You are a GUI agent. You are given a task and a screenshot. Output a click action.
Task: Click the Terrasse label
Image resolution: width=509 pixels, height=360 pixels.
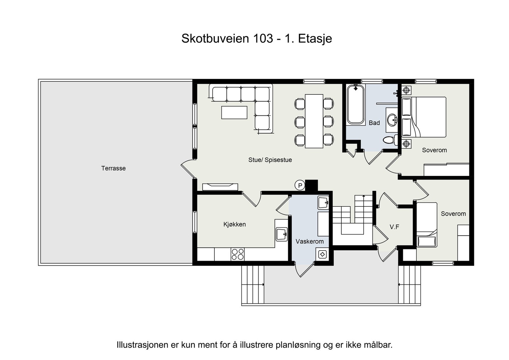113,168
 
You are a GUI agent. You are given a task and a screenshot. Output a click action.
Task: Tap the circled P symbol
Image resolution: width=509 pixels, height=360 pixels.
300,185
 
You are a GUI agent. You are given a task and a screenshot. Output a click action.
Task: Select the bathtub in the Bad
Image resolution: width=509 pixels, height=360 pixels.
355,104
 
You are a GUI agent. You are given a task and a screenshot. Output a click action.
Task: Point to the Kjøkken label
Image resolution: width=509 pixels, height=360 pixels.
234,224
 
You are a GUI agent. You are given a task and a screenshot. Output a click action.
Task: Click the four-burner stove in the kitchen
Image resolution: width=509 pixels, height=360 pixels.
238,254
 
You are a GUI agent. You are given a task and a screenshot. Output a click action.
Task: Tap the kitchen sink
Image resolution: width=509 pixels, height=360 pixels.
282,234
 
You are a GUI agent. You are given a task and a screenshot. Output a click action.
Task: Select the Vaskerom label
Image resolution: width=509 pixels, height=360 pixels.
310,241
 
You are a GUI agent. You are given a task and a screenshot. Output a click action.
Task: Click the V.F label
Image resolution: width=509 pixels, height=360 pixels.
394,227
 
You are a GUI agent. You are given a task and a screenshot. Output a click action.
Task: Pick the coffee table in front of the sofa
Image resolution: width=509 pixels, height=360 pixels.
234,112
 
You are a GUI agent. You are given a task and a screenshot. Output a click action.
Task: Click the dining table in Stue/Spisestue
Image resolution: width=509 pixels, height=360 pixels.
314,121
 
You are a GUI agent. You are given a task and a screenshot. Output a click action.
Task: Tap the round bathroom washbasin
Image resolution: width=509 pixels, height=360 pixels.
392,120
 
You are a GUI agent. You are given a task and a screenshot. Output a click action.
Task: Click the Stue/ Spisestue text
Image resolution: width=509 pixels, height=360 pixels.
270,160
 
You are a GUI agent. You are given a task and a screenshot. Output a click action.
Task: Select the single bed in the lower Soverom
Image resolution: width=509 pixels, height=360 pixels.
427,225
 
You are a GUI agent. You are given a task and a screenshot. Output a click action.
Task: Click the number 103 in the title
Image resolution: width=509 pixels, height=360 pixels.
263,38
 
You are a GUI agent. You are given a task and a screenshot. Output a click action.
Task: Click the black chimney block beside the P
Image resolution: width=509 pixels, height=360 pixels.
311,185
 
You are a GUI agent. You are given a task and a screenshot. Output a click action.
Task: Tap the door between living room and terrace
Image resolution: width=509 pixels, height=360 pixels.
188,169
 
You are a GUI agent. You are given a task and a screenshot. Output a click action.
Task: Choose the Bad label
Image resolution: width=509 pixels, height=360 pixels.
374,123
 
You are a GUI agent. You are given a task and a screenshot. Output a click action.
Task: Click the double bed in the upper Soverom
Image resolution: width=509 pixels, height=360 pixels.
428,117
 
